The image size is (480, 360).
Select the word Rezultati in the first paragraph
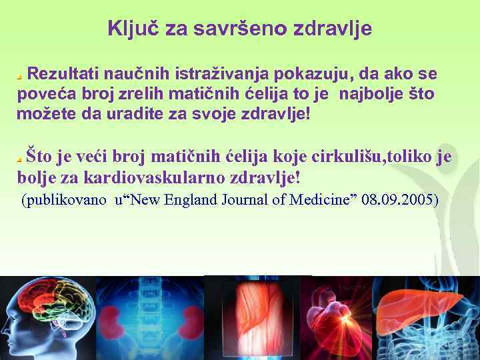60,73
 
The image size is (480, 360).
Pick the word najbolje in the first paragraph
371,93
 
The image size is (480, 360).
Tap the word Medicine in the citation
321,199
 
